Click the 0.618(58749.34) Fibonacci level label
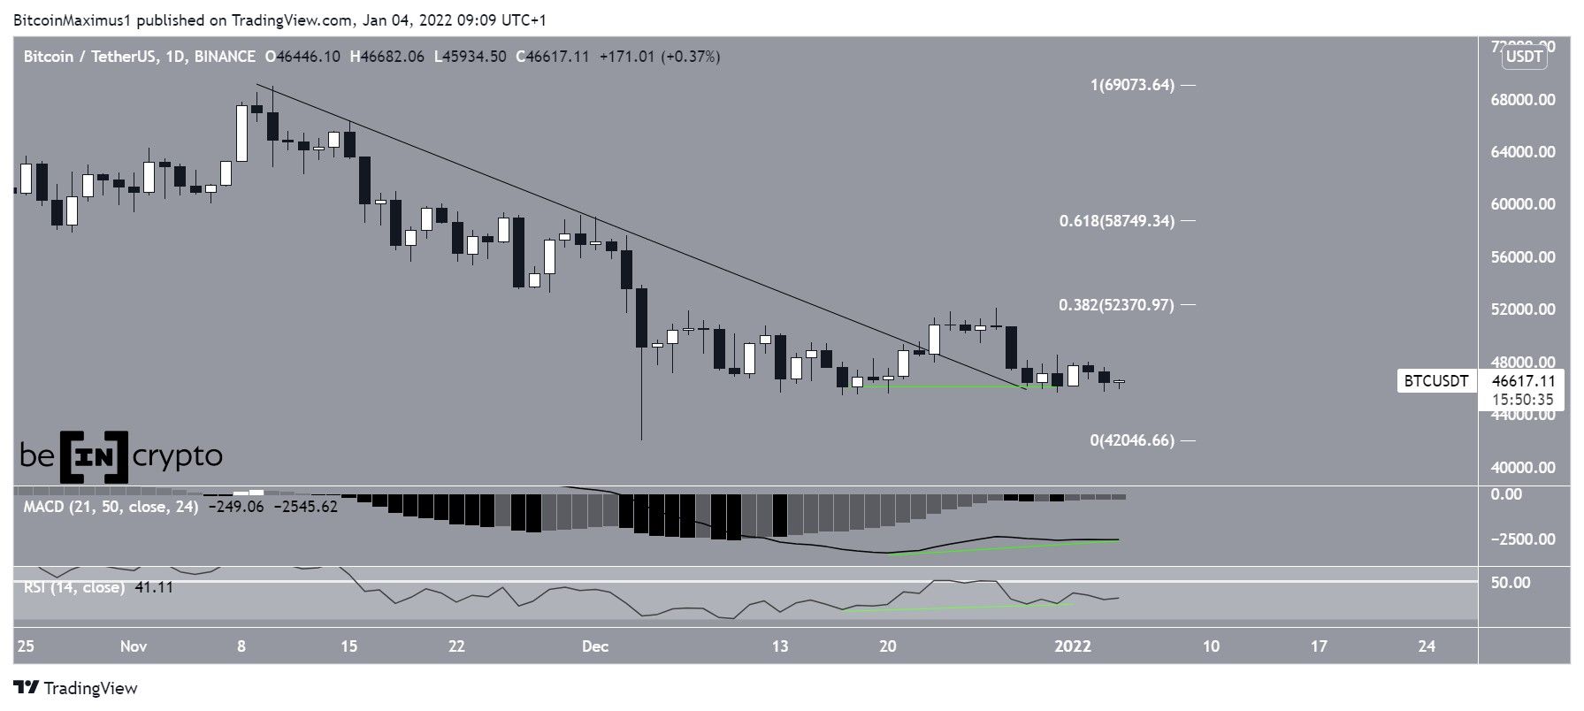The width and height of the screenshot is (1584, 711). point(1117,221)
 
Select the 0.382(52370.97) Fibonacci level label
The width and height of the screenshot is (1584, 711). point(1116,305)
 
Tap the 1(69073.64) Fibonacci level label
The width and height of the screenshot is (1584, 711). point(1132,86)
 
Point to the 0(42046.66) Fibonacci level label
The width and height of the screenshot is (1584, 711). point(1132,440)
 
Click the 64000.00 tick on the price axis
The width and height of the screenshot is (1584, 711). point(1522,152)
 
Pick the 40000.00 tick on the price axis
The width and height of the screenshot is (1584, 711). point(1522,468)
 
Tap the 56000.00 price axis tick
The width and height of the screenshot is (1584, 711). point(1522,257)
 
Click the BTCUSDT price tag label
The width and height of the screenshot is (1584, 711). point(1435,381)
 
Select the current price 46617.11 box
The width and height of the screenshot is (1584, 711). point(1522,381)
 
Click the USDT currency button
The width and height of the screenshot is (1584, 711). point(1524,57)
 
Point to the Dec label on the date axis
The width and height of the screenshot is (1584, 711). point(595,646)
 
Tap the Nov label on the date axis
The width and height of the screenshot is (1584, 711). point(133,646)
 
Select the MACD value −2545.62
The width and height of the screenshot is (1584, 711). point(306,508)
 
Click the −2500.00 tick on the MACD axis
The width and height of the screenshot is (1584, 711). point(1522,539)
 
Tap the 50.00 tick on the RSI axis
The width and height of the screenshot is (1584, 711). point(1510,583)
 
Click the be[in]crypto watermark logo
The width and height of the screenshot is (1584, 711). point(121,456)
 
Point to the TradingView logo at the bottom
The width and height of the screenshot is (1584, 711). point(76,688)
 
